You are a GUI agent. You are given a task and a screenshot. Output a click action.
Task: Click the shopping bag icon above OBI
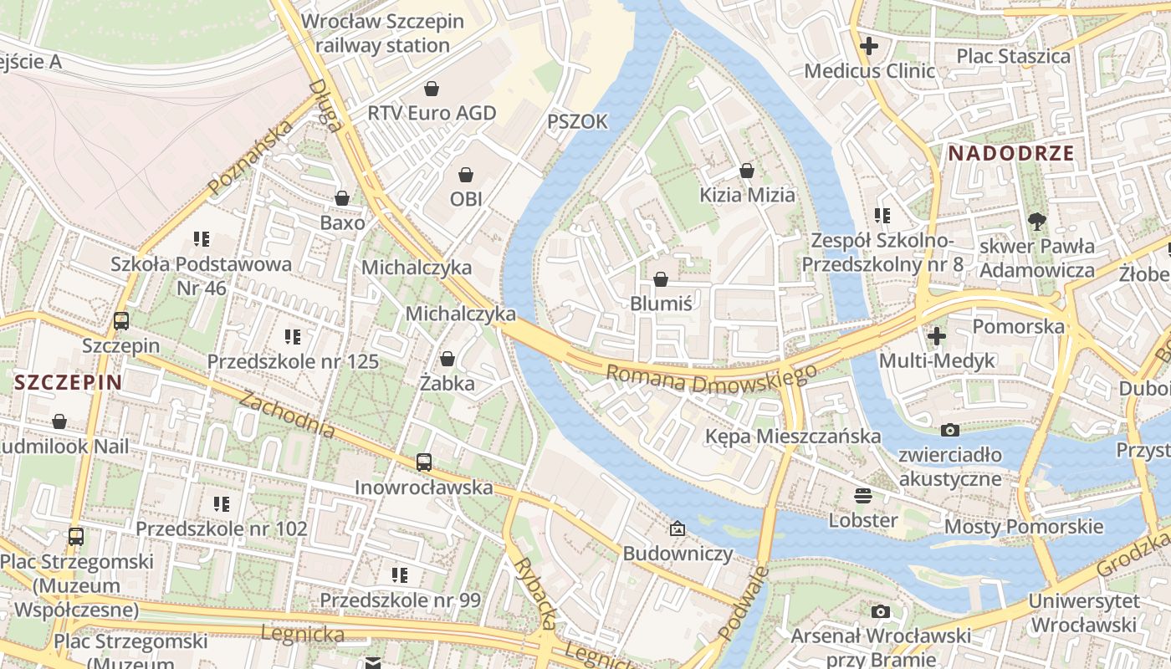coord(466,175)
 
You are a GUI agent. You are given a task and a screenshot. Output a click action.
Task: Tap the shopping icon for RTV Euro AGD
coord(432,88)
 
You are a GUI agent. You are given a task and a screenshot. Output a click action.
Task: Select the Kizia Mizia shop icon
coord(747,171)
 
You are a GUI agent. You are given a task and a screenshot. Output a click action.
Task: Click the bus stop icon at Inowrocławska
coord(424,462)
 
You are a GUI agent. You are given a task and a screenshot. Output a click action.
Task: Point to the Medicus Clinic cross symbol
coord(869,46)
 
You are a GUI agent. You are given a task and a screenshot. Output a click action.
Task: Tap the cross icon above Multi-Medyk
coord(937,335)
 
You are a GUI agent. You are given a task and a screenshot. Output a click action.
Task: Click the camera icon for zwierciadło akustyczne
coord(950,430)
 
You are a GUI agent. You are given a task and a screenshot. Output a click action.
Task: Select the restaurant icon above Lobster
coord(863,495)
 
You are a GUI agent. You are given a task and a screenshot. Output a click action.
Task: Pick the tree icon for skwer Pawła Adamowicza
coord(1037,222)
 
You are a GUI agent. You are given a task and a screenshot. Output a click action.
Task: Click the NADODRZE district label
coord(1011,153)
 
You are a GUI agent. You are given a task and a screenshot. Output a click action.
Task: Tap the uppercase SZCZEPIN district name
coord(69,383)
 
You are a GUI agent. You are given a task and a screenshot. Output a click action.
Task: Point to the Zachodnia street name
coord(287,414)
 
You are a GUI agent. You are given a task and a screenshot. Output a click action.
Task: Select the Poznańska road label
coord(251,157)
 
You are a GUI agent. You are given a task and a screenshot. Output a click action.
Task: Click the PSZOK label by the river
coord(577,122)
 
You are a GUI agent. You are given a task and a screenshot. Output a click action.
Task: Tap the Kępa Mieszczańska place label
coord(792,436)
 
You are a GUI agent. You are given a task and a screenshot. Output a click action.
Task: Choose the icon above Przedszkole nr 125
coord(293,337)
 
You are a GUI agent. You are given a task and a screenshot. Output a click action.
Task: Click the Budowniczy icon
coord(678,529)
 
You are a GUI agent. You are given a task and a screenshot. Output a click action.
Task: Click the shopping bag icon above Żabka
coord(447,359)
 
